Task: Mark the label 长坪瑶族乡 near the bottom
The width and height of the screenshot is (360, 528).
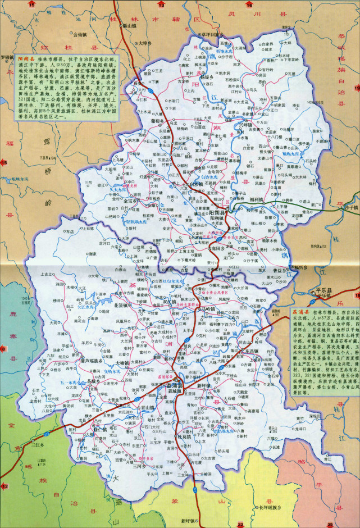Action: [271, 508]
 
